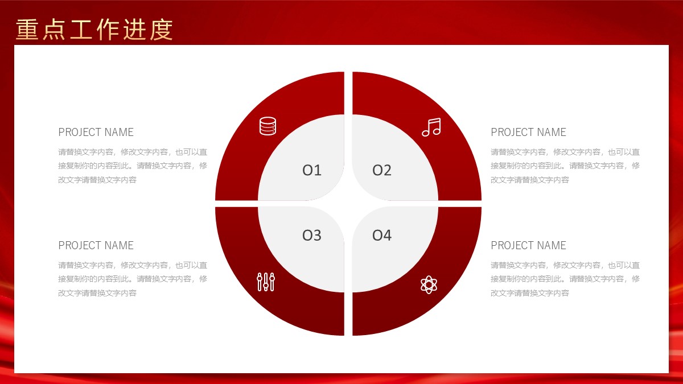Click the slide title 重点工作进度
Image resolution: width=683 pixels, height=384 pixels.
tap(94, 30)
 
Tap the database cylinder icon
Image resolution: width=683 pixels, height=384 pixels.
tap(268, 126)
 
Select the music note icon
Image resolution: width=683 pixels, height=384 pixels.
tap(431, 127)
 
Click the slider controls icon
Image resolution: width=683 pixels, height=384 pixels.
tap(266, 282)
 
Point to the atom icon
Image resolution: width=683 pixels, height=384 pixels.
tap(429, 284)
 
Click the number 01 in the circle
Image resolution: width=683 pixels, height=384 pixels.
tap(312, 170)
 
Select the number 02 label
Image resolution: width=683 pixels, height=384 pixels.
tap(382, 170)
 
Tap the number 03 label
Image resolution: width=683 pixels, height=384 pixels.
tap(312, 236)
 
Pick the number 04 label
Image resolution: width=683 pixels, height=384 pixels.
tap(382, 236)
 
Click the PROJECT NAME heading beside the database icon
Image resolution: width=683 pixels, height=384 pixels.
tap(96, 132)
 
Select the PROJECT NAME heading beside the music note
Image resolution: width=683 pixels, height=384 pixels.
tap(528, 132)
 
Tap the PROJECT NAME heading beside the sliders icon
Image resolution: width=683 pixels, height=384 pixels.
tap(96, 245)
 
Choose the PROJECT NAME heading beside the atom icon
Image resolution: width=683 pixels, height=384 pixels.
tap(528, 245)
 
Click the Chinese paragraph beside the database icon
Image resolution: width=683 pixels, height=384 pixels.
tap(133, 166)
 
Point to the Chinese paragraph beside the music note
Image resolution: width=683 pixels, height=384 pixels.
tap(565, 166)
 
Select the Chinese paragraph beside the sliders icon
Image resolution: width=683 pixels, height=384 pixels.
tap(133, 279)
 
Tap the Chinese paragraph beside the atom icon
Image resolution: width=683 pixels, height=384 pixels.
tap(565, 279)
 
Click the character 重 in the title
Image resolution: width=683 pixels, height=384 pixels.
tap(27, 30)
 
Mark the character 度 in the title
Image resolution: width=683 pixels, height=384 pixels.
tap(161, 30)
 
